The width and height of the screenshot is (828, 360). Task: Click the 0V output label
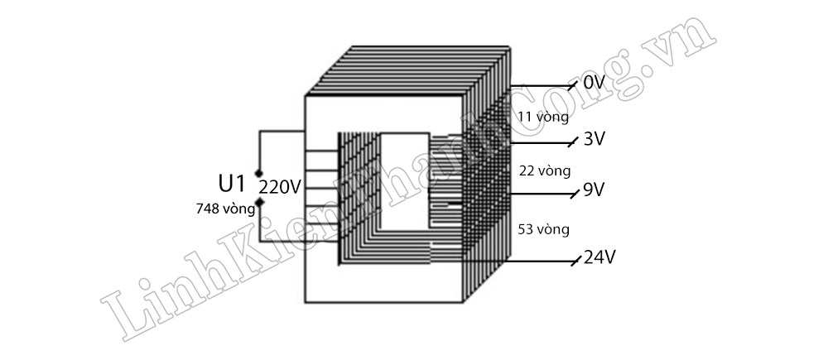tap(595, 83)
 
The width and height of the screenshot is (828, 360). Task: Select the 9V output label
tap(594, 190)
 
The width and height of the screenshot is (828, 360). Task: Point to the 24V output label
tap(599, 257)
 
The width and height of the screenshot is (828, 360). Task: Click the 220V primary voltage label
tap(280, 187)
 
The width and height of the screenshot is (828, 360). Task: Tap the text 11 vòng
tap(542, 117)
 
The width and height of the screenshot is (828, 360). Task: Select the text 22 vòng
tap(544, 171)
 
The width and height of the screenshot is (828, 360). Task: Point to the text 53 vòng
tap(543, 228)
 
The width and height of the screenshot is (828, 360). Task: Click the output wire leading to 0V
tap(538, 86)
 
